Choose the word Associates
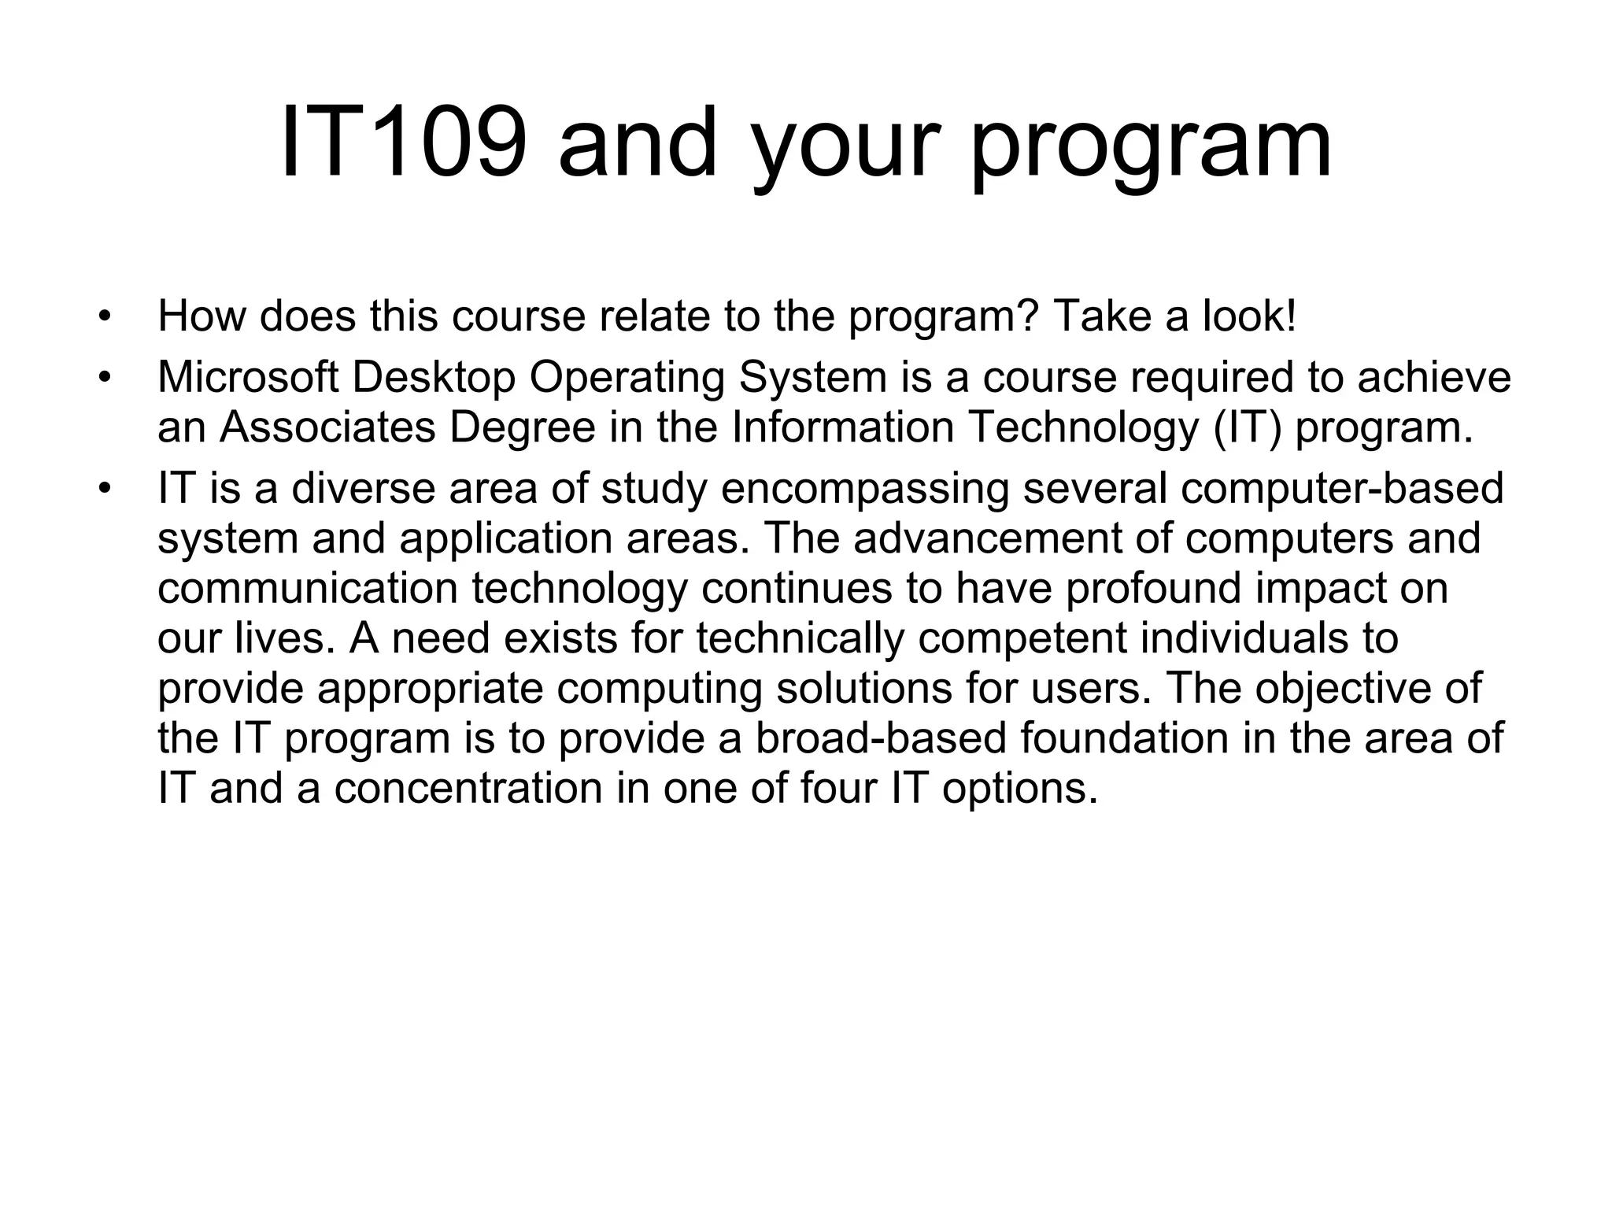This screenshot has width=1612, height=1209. (x=327, y=427)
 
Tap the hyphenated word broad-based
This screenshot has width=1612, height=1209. (x=881, y=738)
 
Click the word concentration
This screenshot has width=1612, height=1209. (x=468, y=789)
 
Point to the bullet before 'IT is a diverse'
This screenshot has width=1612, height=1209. (x=104, y=490)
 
